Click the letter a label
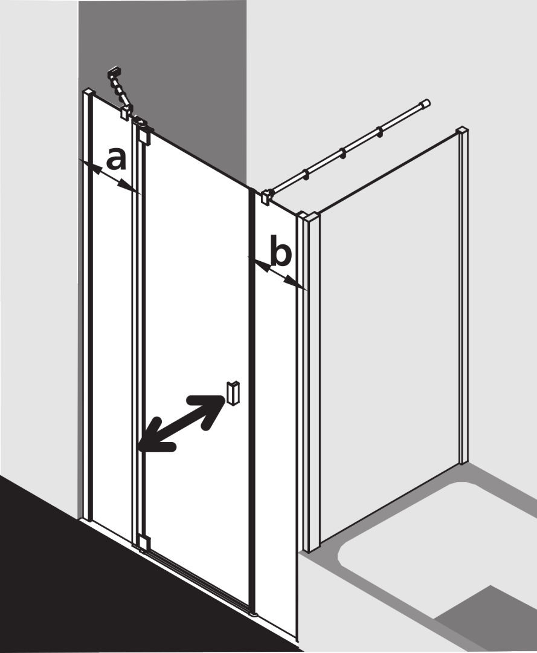[x=116, y=160]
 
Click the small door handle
[x=233, y=392]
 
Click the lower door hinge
[x=143, y=542]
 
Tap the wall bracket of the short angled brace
[x=114, y=74]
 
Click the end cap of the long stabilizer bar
[x=425, y=103]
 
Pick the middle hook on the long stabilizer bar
[x=342, y=153]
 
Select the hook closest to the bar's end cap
[x=379, y=132]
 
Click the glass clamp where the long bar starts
[x=266, y=196]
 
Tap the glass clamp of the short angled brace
[x=126, y=112]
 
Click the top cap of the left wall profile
[x=89, y=92]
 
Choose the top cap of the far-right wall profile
[x=462, y=131]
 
